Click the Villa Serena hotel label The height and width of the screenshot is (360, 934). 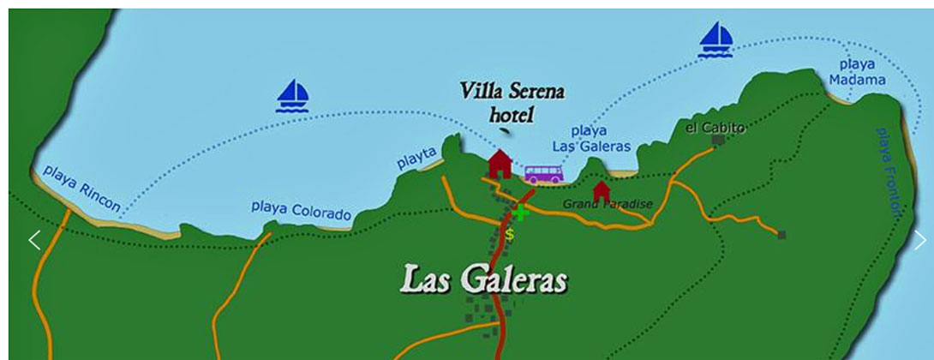pos(512,101)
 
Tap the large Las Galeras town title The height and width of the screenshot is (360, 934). pos(484,279)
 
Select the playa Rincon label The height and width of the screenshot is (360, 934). pos(81,189)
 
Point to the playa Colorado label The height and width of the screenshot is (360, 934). pos(301,211)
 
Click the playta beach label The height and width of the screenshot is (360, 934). pos(416,157)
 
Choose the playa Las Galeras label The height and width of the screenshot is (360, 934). pos(590,139)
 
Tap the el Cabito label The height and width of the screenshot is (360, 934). pos(715,128)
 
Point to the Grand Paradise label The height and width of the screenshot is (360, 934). pos(608,204)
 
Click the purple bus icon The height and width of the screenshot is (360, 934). pos(543,175)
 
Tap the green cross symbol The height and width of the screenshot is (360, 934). pos(519,213)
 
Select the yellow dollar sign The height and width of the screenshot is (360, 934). pos(510,233)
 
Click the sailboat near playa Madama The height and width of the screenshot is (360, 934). pos(716,39)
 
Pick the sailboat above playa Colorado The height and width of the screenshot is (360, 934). pos(293,95)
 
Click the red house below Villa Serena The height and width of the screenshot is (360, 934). pos(500,163)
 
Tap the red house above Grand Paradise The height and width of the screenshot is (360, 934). pos(602,189)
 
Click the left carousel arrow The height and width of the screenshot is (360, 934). pos(34,241)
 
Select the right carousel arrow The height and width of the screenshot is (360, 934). pos(919,241)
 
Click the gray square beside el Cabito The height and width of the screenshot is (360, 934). pos(719,140)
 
